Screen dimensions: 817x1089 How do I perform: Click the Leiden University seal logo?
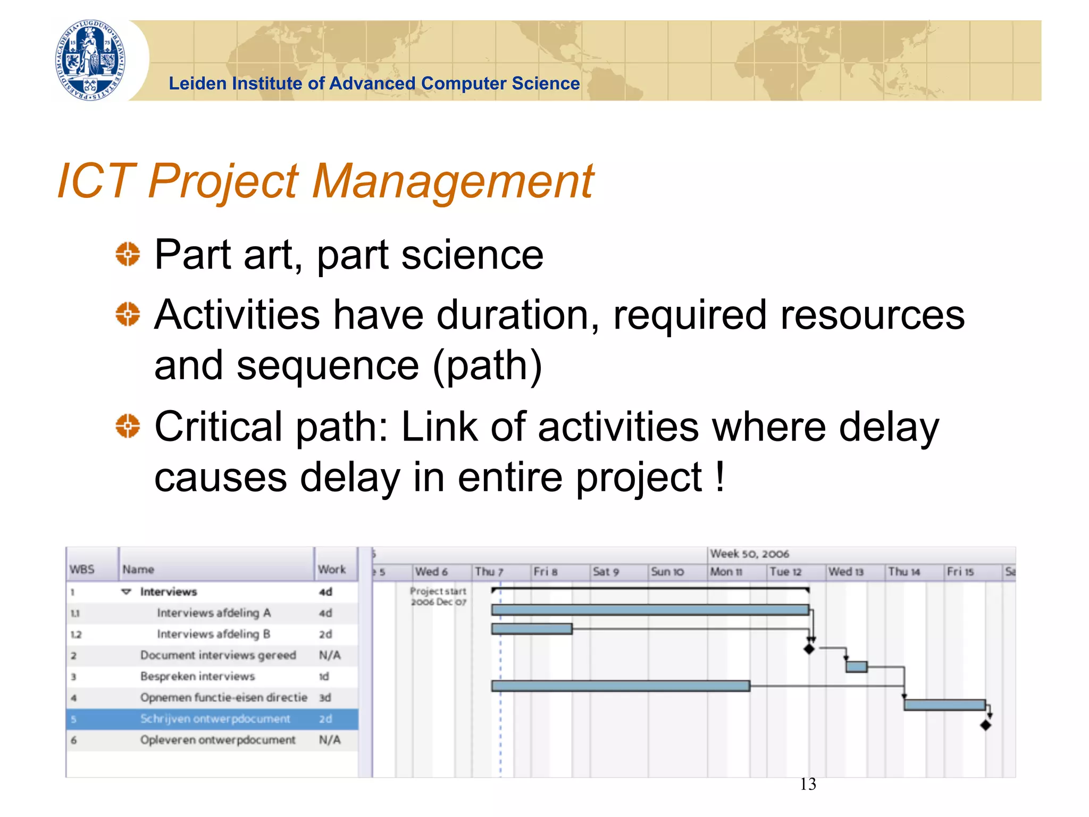pyautogui.click(x=91, y=60)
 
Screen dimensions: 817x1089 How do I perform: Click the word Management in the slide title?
pyautogui.click(x=453, y=181)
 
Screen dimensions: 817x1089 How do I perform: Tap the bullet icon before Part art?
pyautogui.click(x=128, y=254)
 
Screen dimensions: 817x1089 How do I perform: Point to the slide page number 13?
pyautogui.click(x=808, y=784)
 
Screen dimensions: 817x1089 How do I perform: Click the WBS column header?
pyautogui.click(x=82, y=569)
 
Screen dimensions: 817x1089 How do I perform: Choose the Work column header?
pyautogui.click(x=332, y=569)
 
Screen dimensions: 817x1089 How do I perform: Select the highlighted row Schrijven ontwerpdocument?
pyautogui.click(x=215, y=719)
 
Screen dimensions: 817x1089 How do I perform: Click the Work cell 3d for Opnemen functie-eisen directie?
pyautogui.click(x=325, y=697)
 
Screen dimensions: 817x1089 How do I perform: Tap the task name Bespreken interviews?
pyautogui.click(x=197, y=676)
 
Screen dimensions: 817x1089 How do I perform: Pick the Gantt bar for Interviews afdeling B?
pyautogui.click(x=531, y=629)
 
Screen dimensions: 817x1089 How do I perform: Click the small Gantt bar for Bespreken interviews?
pyautogui.click(x=856, y=666)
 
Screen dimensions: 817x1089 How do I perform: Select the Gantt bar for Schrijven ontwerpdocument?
pyautogui.click(x=944, y=705)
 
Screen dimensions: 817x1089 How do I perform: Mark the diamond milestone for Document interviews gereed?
pyautogui.click(x=809, y=648)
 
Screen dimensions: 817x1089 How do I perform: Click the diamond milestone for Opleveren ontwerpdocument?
pyautogui.click(x=985, y=725)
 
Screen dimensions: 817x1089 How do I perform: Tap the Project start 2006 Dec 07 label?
pyautogui.click(x=438, y=596)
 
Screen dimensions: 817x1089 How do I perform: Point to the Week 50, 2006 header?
pyautogui.click(x=749, y=554)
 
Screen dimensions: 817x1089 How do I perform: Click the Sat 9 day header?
pyautogui.click(x=606, y=572)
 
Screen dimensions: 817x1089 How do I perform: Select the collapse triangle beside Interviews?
pyautogui.click(x=126, y=591)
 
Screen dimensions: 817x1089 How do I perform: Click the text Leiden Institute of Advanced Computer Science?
pyautogui.click(x=374, y=84)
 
